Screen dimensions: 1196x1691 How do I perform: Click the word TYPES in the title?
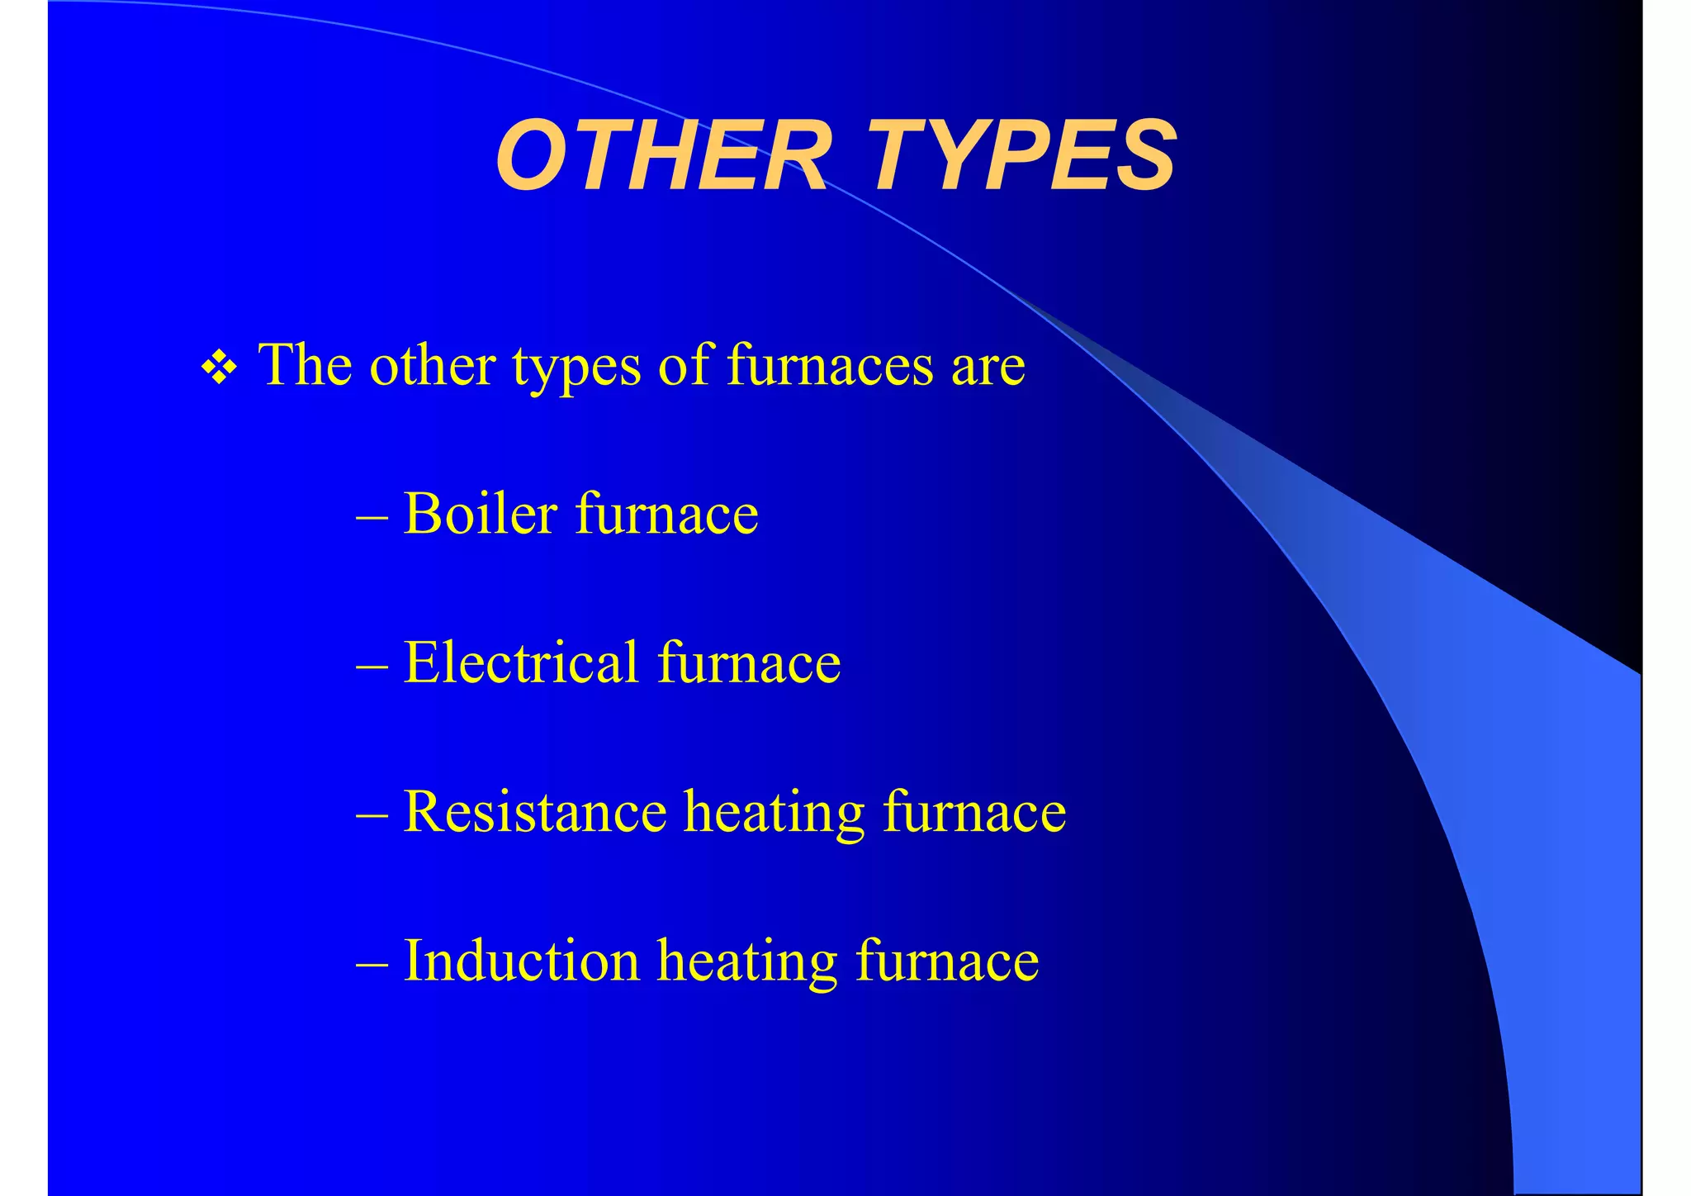pyautogui.click(x=1024, y=155)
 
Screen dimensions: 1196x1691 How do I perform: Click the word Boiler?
pyautogui.click(x=480, y=514)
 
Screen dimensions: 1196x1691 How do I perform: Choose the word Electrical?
pyautogui.click(x=521, y=662)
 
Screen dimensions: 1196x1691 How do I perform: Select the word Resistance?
pyautogui.click(x=535, y=811)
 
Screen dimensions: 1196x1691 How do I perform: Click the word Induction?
pyautogui.click(x=521, y=961)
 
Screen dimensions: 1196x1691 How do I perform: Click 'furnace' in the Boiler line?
pyautogui.click(x=666, y=514)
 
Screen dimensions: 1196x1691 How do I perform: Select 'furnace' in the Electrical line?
pyautogui.click(x=749, y=662)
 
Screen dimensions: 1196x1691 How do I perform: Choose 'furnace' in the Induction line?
pyautogui.click(x=947, y=961)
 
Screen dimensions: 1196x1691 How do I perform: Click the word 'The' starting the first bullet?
pyautogui.click(x=305, y=364)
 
